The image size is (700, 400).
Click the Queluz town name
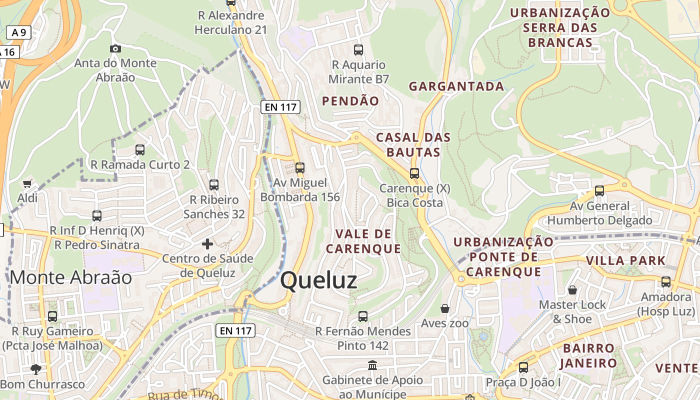(318, 280)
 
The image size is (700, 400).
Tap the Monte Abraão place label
(70, 277)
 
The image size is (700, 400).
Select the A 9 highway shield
(19, 33)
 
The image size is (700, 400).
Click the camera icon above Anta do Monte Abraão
(115, 48)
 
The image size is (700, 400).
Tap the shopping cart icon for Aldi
(27, 183)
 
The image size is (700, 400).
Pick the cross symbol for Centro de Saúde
(207, 244)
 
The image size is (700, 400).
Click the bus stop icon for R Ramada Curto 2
(140, 149)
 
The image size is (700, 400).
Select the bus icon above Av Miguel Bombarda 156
(300, 168)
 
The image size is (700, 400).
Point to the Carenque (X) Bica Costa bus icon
(414, 173)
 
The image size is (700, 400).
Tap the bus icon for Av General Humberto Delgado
(599, 190)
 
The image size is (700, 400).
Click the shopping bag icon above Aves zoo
(445, 308)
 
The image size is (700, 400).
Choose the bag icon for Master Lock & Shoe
(572, 290)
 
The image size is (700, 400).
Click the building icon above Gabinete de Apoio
(372, 365)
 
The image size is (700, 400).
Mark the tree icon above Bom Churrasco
(35, 369)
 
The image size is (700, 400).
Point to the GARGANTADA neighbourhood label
(456, 86)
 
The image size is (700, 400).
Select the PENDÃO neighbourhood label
(350, 101)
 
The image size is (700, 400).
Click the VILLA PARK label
(625, 260)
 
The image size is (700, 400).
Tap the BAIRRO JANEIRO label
(589, 355)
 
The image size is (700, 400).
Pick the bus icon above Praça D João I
(523, 367)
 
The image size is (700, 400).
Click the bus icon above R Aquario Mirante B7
(358, 50)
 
